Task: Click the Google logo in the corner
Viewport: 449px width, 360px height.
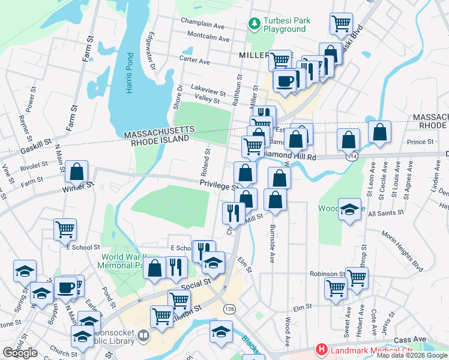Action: pyautogui.click(x=20, y=353)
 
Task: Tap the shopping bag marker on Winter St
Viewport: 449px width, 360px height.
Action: pyautogui.click(x=77, y=172)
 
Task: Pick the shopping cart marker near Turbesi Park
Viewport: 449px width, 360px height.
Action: pyautogui.click(x=341, y=24)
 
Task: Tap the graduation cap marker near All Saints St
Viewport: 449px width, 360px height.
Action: pyautogui.click(x=349, y=210)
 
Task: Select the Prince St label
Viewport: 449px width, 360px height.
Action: pyautogui.click(x=420, y=142)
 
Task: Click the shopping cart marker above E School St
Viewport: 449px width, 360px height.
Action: pyautogui.click(x=65, y=229)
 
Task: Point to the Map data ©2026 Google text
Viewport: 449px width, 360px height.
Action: pyautogui.click(x=412, y=355)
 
